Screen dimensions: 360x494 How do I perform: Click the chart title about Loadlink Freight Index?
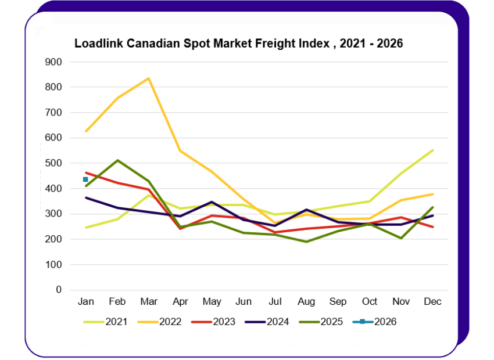[x=238, y=44]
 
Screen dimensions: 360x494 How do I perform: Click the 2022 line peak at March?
[x=149, y=78]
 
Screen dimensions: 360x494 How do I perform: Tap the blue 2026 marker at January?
[x=85, y=179]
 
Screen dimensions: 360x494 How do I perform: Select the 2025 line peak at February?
[x=118, y=160]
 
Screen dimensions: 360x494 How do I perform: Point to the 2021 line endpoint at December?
[x=433, y=150]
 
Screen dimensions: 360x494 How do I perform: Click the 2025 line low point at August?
[x=306, y=242]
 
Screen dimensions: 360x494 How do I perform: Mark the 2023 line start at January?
[x=86, y=172]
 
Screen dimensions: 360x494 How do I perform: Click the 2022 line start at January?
[x=86, y=131]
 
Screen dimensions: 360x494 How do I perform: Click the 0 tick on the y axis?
[x=58, y=290]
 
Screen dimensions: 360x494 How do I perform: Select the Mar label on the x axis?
[x=149, y=302]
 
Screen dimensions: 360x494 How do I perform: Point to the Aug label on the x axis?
[x=306, y=302]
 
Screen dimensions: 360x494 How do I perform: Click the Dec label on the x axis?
[x=432, y=302]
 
